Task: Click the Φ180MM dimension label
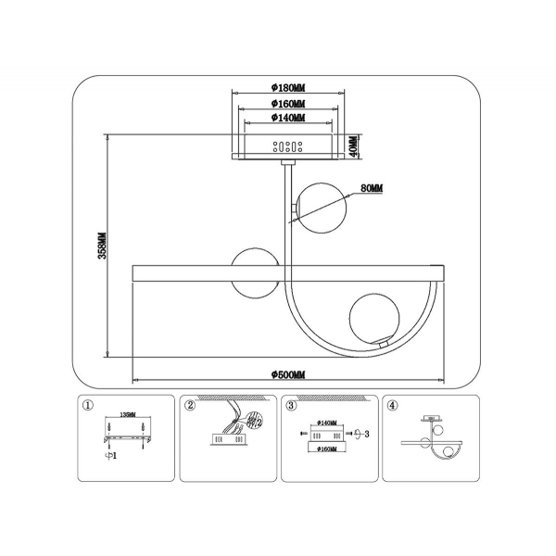(287, 90)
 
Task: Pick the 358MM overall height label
(104, 246)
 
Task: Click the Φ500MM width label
(287, 373)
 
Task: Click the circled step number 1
(88, 405)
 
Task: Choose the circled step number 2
(190, 405)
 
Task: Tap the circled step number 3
(291, 405)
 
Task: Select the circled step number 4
(393, 405)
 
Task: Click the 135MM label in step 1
(127, 416)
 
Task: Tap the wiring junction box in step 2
(227, 441)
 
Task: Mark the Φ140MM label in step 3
(326, 423)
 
